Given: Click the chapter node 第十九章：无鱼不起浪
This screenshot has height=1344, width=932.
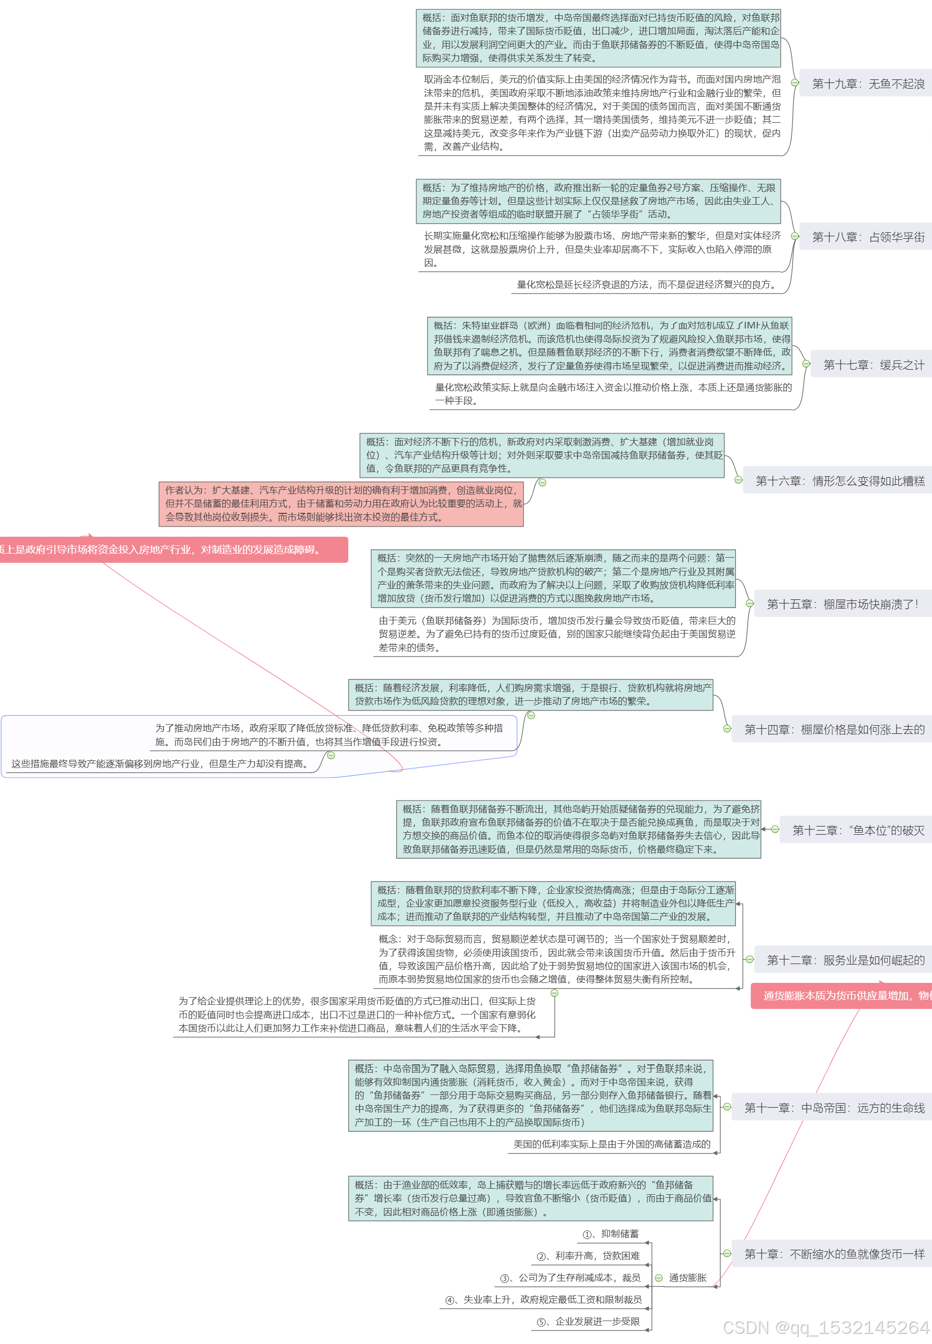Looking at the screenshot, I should click(x=867, y=84).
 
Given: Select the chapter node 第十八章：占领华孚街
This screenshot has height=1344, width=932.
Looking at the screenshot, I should click(x=867, y=237).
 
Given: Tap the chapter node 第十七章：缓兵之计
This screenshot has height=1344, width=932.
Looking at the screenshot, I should click(x=873, y=365).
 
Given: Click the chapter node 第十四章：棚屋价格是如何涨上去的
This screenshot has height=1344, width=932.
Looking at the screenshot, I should click(x=833, y=729).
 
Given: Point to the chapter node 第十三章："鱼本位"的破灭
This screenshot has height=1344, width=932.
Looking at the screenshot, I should click(x=857, y=830).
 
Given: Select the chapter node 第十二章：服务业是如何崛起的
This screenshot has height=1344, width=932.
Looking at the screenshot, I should click(x=845, y=960).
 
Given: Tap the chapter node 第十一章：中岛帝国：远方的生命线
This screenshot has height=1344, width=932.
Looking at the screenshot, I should click(x=833, y=1108).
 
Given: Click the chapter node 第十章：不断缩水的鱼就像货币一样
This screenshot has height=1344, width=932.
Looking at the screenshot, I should click(x=833, y=1253).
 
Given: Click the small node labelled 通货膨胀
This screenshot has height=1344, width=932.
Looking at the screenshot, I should click(x=688, y=1277).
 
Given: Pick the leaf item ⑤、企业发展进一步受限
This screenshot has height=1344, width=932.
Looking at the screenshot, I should click(x=589, y=1321).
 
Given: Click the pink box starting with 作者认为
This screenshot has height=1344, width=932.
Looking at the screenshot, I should click(x=342, y=503).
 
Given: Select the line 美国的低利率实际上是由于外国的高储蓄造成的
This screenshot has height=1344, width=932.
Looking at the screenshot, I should click(x=612, y=1144).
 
